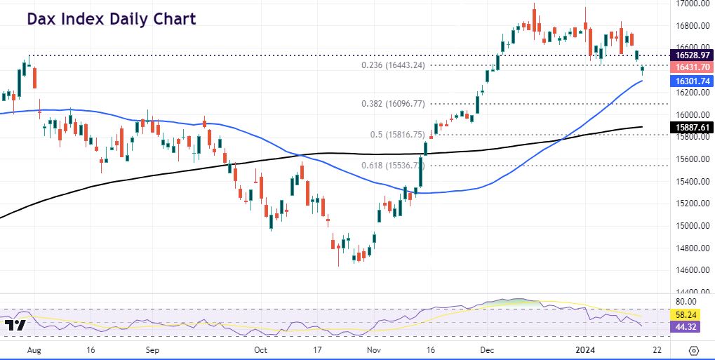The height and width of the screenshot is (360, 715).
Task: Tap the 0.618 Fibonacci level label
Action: point(394,166)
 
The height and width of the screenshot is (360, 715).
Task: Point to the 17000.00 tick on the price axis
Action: point(690,4)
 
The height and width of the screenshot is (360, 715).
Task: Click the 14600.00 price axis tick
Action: point(690,270)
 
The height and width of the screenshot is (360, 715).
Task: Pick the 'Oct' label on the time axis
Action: point(260,349)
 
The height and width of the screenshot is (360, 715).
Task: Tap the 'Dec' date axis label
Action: point(486,349)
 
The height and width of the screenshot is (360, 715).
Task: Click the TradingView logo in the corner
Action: point(15,326)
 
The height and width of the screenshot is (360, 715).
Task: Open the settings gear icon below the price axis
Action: point(694,349)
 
